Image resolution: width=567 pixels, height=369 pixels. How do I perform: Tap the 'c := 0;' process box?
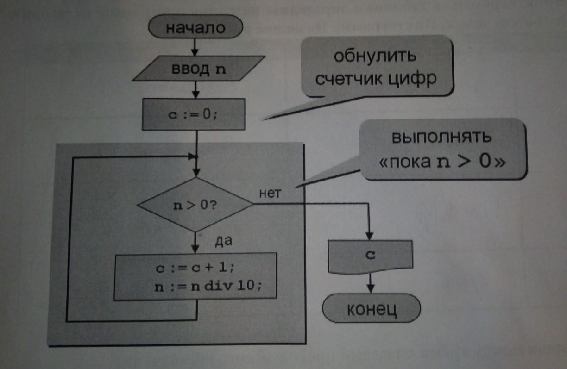193,114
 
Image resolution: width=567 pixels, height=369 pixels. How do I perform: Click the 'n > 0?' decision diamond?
195,205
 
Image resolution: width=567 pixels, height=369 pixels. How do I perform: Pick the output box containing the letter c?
370,256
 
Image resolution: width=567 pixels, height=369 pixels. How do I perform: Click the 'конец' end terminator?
372,309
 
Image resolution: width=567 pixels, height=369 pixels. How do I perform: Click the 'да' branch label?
223,241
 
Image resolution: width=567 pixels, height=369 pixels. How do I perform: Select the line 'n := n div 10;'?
208,286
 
